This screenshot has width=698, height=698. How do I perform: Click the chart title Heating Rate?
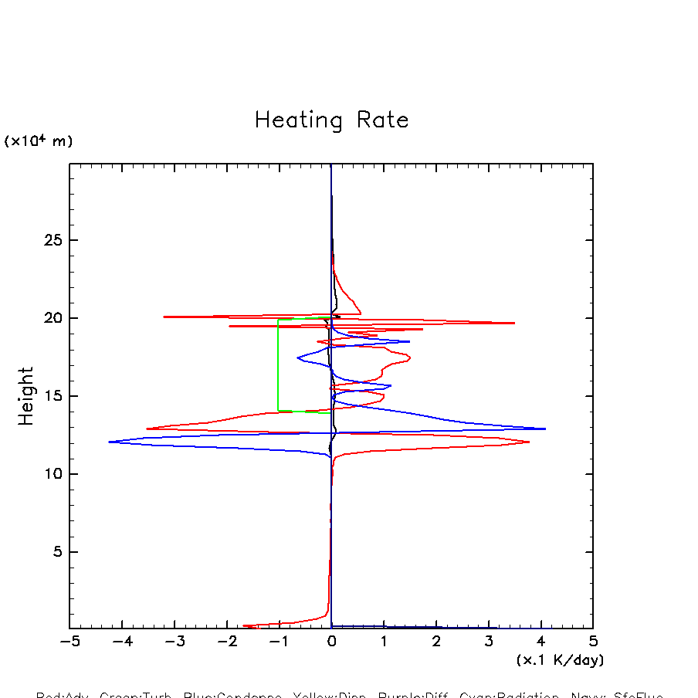pyautogui.click(x=331, y=120)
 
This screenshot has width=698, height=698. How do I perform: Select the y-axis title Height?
pyautogui.click(x=26, y=396)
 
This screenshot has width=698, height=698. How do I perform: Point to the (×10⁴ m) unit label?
pyautogui.click(x=39, y=141)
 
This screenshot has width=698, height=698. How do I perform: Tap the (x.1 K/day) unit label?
pyautogui.click(x=560, y=660)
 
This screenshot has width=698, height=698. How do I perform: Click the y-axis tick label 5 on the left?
pyautogui.click(x=56, y=552)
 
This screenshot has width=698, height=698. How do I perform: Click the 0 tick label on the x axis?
pyautogui.click(x=331, y=642)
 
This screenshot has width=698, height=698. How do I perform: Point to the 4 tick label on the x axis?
pyautogui.click(x=540, y=642)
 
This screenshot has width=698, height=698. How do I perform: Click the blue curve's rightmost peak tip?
pyautogui.click(x=545, y=429)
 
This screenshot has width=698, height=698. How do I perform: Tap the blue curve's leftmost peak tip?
pyautogui.click(x=110, y=442)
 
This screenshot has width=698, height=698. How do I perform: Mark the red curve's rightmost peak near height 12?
pyautogui.click(x=529, y=442)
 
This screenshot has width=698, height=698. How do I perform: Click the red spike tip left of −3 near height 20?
pyautogui.click(x=164, y=317)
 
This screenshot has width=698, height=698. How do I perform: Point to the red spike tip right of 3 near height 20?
pyautogui.click(x=514, y=323)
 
